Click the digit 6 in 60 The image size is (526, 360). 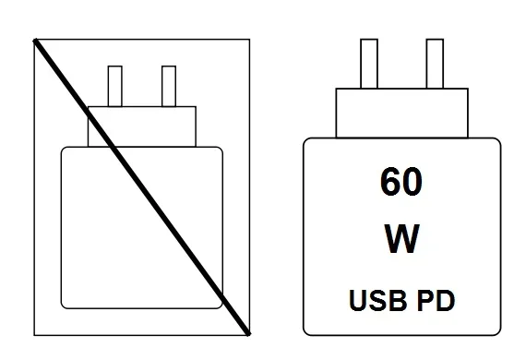[x=388, y=181]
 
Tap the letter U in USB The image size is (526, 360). [x=359, y=300]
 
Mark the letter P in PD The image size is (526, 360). [x=426, y=300]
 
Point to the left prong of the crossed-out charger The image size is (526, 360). [x=115, y=86]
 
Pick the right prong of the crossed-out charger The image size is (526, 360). [x=168, y=86]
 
